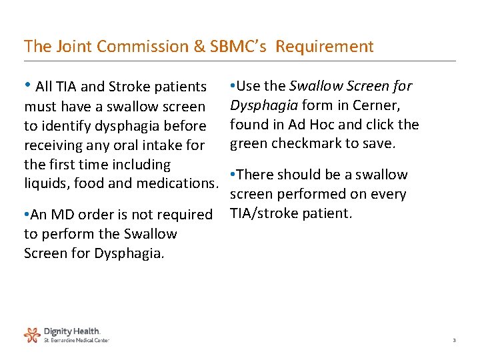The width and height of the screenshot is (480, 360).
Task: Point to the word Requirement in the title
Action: point(325,47)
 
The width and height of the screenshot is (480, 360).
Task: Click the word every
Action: point(387,194)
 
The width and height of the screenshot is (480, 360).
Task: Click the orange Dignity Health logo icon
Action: point(32,334)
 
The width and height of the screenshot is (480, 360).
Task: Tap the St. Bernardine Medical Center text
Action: point(76,340)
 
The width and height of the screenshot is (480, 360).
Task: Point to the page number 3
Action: point(454,341)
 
